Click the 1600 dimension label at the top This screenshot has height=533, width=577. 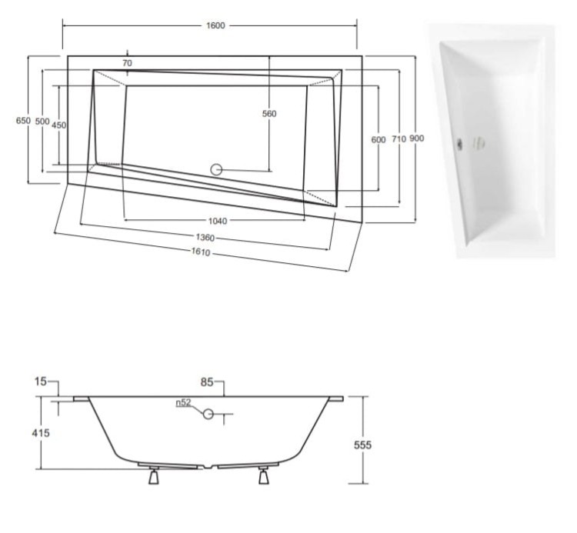coord(215,25)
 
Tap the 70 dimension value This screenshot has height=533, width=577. coord(127,63)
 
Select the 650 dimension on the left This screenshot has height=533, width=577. coord(23,120)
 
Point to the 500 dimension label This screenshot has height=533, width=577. coord(42,122)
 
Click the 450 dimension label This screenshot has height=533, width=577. coord(59,125)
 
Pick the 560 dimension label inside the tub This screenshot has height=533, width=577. coord(269,114)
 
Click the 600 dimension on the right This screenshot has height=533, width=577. coord(379,140)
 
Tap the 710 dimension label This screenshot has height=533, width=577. coord(399,139)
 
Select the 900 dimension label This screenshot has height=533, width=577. coord(416,138)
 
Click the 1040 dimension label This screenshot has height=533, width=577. coord(218,221)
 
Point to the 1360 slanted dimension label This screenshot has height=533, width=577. coord(205,238)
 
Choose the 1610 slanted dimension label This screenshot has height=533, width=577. coord(201,252)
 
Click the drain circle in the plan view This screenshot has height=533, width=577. coord(216,169)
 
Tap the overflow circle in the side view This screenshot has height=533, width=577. coord(208,415)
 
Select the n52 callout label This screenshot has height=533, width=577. coord(183,402)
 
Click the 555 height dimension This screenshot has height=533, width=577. coord(362,445)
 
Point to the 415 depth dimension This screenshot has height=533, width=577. coord(41,433)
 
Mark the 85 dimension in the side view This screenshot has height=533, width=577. coord(207,382)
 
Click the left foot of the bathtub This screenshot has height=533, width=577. coord(153,475)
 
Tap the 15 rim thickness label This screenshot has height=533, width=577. coord(41,381)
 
